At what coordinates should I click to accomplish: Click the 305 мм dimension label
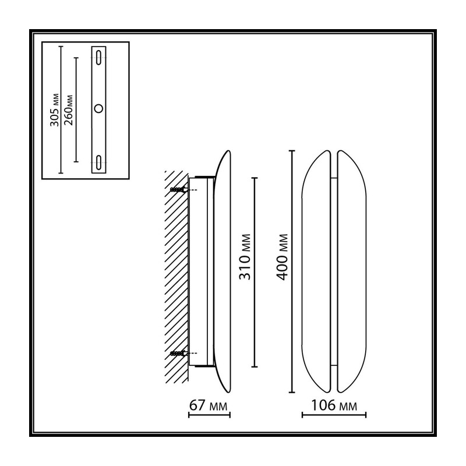pos(54,110)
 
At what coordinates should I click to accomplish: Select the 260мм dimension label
pos(68,110)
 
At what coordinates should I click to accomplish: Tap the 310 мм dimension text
pos(245,257)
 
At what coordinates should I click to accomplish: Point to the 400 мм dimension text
pos(283,257)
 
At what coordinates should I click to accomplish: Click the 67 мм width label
pos(209,405)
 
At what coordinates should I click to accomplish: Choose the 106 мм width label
pos(334,405)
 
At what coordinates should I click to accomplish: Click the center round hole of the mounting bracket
pos(98,108)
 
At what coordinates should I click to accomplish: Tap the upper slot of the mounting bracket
pos(98,57)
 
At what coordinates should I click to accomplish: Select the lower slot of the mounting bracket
pos(98,163)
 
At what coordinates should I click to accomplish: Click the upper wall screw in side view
pos(178,190)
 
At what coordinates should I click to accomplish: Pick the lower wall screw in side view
pos(178,353)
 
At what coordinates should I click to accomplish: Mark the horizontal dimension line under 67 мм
pos(209,415)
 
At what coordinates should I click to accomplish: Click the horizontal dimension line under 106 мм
pos(334,415)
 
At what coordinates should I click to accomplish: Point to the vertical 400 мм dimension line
pos(292,271)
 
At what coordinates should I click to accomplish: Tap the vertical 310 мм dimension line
pos(255,272)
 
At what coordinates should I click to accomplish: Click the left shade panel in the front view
pos(316,271)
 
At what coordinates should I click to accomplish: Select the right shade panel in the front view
pos(352,271)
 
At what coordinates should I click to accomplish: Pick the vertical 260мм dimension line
pos(76,110)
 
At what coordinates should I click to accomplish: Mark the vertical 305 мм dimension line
pos(61,110)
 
